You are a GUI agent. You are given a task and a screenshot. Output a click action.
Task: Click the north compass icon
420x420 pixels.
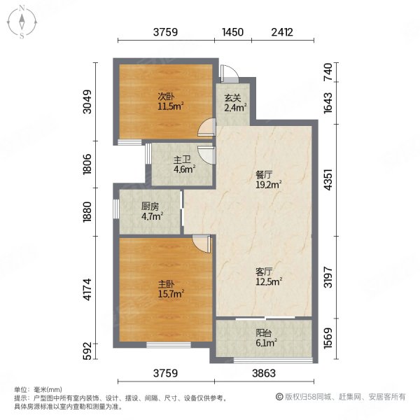click(x=22, y=21)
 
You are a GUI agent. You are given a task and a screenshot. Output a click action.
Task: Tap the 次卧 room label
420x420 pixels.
click(x=166, y=97)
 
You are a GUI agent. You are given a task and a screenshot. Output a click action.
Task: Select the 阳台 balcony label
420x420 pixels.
click(x=265, y=334)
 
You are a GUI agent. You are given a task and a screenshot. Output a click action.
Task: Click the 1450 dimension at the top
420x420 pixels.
click(x=232, y=31)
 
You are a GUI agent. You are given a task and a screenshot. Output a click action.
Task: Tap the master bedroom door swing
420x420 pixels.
click(x=201, y=242)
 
